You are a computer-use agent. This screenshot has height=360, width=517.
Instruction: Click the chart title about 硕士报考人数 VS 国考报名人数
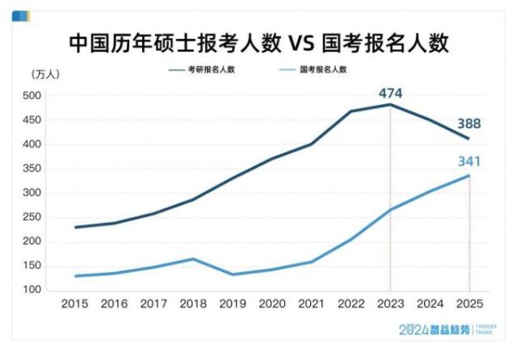[258, 42]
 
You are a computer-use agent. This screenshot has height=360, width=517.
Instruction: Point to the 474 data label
[389, 92]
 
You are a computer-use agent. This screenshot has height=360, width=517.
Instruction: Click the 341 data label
[469, 161]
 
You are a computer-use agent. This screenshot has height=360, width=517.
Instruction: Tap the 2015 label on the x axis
[76, 304]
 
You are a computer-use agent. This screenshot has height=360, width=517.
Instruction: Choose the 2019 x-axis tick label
[233, 304]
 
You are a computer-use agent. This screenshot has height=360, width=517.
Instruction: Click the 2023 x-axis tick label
[390, 304]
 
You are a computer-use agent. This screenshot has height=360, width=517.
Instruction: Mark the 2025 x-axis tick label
[469, 304]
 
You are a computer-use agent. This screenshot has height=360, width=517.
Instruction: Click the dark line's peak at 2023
[390, 105]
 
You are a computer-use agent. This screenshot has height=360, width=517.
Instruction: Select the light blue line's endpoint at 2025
[469, 176]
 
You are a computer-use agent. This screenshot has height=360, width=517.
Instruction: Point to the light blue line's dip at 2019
[233, 275]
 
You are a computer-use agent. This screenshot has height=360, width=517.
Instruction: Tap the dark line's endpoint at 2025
[469, 139]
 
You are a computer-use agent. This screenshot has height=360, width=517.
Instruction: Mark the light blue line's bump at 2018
[194, 259]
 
